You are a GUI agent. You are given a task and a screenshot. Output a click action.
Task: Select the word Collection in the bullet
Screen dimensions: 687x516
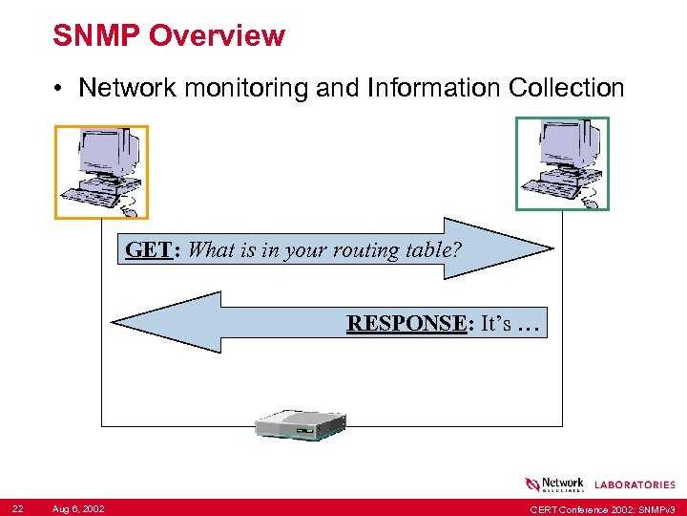click(x=567, y=88)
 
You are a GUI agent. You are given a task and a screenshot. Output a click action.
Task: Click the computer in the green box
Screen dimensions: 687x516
click(x=562, y=162)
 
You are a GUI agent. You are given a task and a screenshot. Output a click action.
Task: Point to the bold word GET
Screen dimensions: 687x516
click(x=148, y=250)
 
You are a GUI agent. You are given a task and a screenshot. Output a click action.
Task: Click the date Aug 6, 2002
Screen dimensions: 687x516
click(x=78, y=506)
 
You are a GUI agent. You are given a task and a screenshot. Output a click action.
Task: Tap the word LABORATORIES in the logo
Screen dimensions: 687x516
click(x=635, y=485)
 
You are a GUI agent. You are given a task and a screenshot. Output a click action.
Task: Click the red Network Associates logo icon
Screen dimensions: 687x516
click(x=532, y=484)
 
